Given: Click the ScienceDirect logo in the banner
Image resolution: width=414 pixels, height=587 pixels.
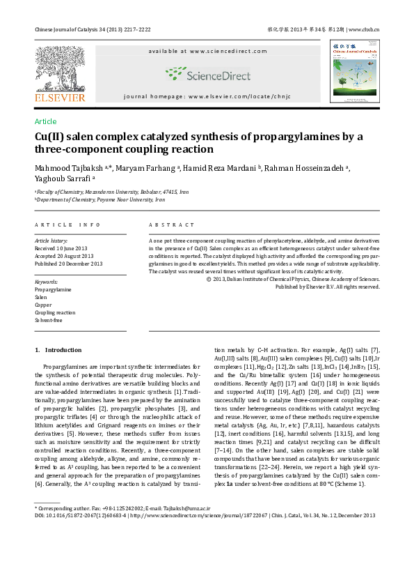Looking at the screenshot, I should tap(207, 75).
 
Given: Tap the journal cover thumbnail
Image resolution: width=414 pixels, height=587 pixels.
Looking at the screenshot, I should tap(354, 71).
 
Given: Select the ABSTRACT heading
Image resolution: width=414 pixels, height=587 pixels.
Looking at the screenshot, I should tap(172, 225).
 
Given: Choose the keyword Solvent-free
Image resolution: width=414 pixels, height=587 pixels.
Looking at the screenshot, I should tap(49, 320).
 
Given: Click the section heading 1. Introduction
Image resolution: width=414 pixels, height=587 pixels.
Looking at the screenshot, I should tap(58, 350).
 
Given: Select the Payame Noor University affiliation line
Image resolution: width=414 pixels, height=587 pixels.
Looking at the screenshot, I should tap(101, 199).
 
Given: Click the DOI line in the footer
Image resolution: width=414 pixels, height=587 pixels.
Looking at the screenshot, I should tap(205, 515).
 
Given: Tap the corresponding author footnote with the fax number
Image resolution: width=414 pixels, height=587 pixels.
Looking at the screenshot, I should tap(122, 509).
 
